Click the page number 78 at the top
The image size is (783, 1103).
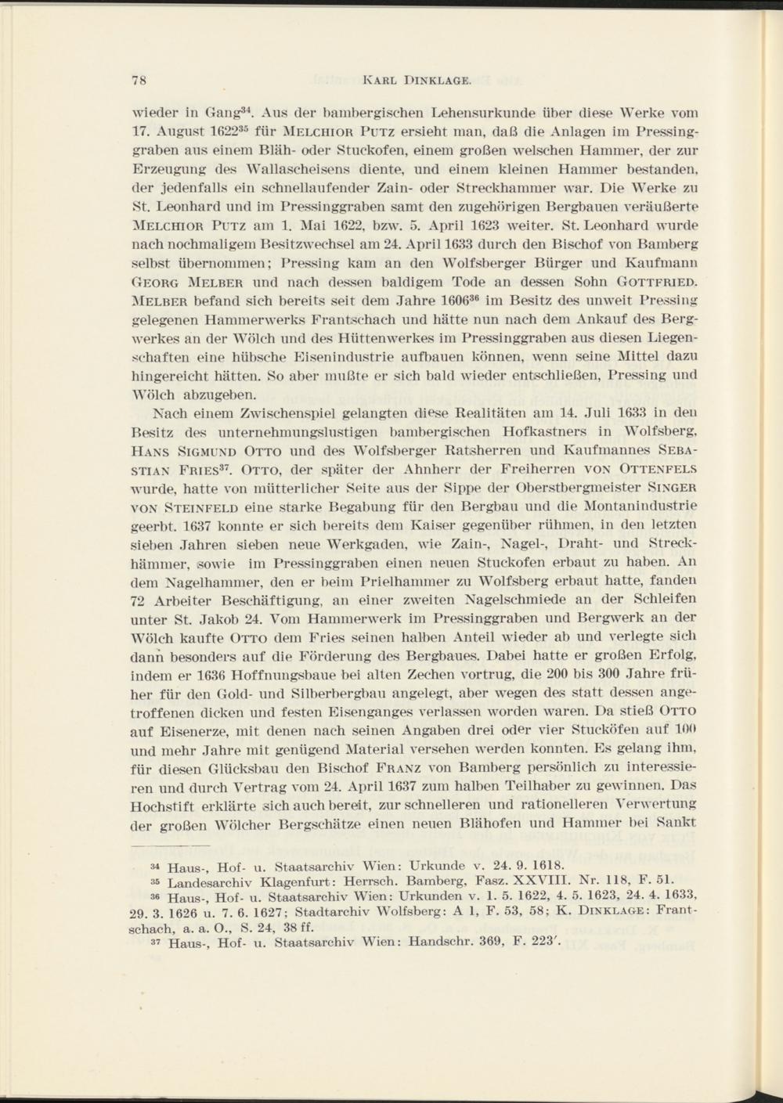140,79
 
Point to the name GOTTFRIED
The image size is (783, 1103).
656,280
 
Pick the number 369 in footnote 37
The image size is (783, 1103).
497,943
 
